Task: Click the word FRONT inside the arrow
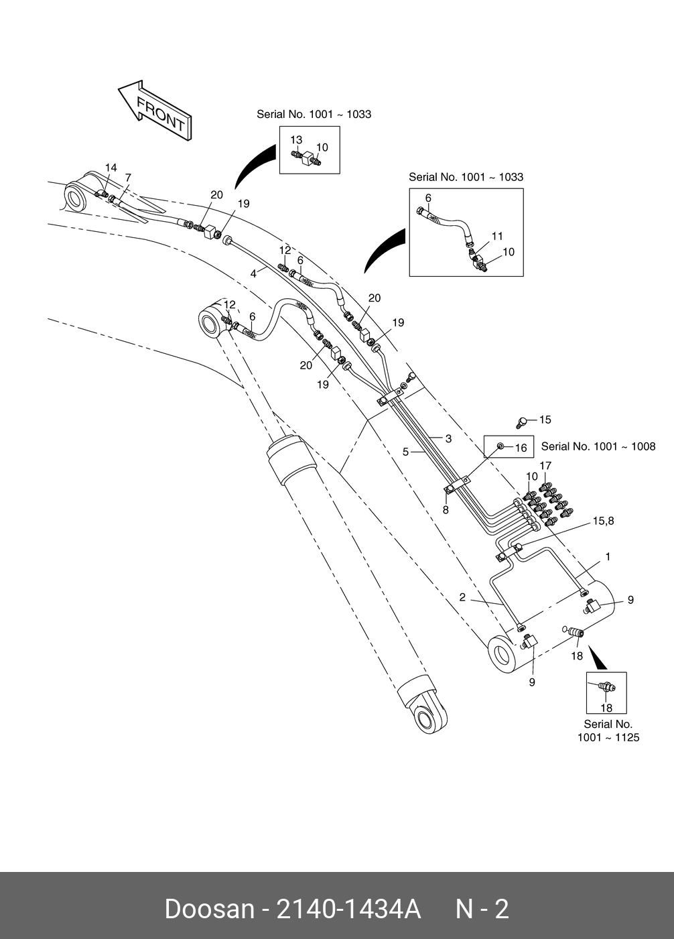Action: [x=161, y=113]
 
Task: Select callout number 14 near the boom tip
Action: [x=111, y=168]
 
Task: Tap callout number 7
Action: [x=128, y=178]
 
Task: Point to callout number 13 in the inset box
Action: [x=296, y=140]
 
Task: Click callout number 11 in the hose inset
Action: [x=497, y=237]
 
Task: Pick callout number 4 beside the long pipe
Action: [x=253, y=273]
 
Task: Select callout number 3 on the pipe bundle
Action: [x=448, y=439]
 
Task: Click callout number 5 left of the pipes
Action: [x=405, y=452]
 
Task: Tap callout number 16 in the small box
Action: [x=521, y=448]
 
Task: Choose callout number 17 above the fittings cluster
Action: [x=545, y=466]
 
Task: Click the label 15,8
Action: [x=603, y=521]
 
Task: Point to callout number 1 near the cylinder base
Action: [x=608, y=557]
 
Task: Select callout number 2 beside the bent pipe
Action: [x=462, y=597]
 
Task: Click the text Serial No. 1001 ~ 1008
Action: [x=598, y=446]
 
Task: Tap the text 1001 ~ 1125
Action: [x=608, y=737]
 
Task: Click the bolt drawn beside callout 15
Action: [x=522, y=422]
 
